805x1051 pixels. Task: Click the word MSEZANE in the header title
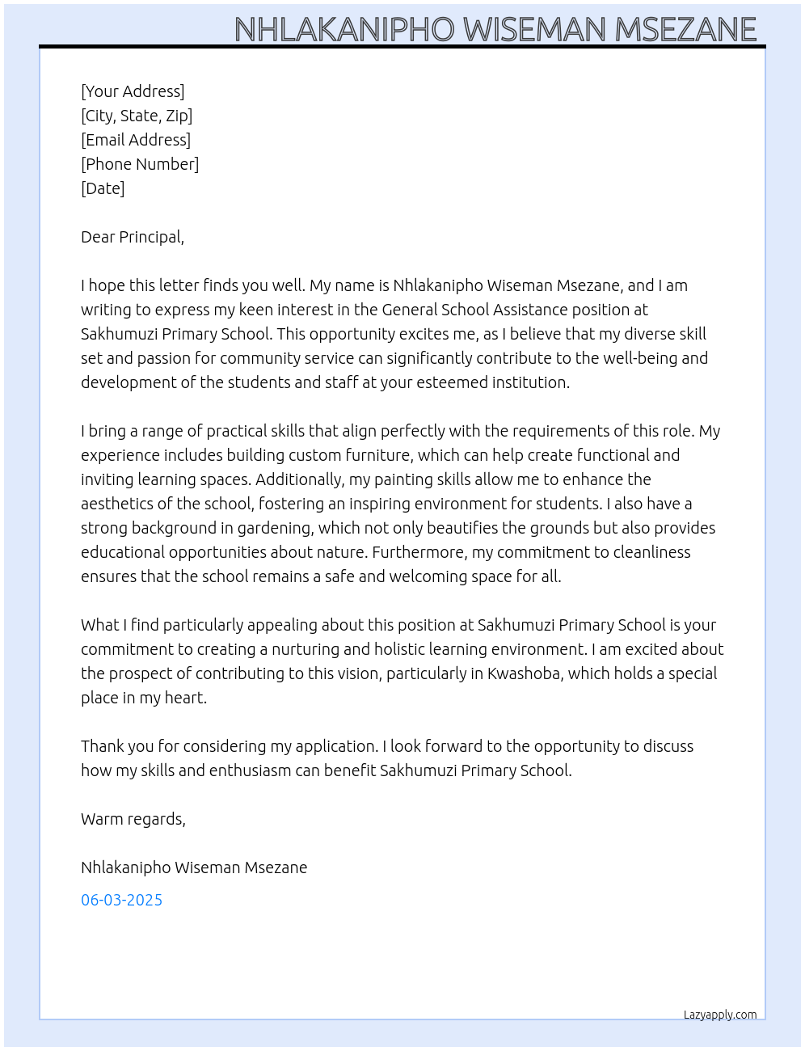(x=685, y=30)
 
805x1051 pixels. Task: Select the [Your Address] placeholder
(x=133, y=91)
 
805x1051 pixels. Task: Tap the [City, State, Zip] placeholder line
(x=137, y=116)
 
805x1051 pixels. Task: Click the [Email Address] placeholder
(x=136, y=140)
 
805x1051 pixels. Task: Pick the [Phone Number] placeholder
(x=140, y=164)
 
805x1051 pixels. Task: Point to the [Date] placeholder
(x=103, y=188)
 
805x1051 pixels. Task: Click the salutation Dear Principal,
(x=133, y=237)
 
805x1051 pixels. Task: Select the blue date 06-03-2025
(x=121, y=900)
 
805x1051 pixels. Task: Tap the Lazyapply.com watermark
(x=720, y=1015)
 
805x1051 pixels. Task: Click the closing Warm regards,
(x=133, y=819)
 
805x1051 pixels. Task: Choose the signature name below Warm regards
(x=194, y=867)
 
